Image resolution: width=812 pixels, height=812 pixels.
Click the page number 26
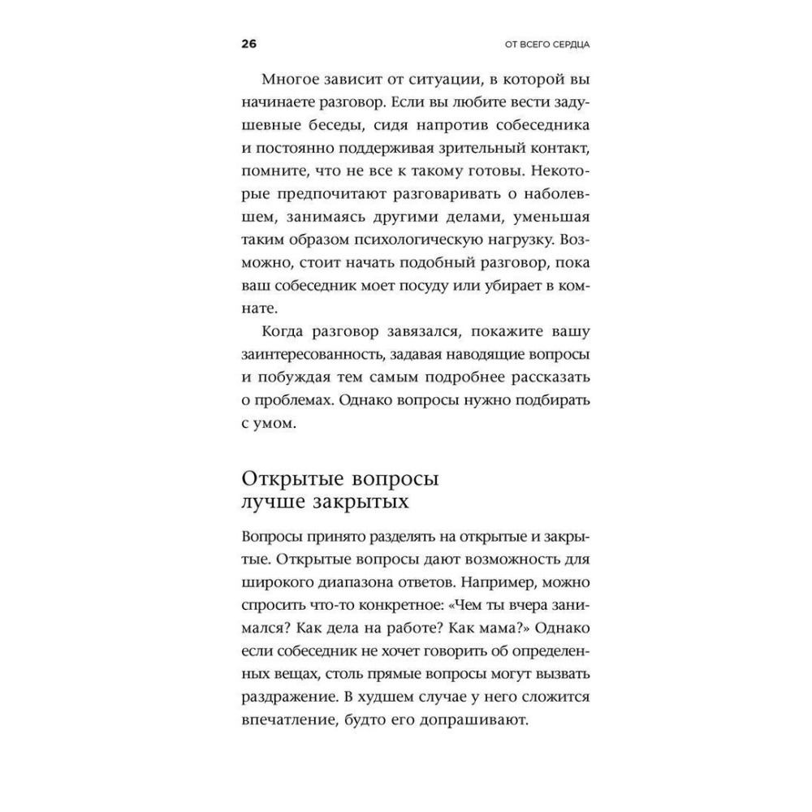[248, 44]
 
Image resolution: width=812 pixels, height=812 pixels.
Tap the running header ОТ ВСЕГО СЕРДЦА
[533, 45]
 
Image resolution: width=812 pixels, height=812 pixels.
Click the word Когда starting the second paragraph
[285, 332]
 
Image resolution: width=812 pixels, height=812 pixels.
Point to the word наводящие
[482, 355]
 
